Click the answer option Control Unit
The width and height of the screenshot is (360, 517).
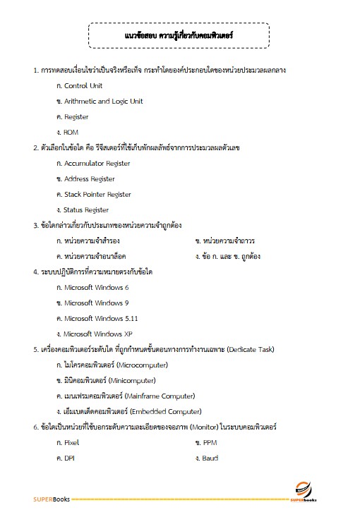tap(83, 85)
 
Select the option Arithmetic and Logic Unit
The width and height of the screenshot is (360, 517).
tap(103, 101)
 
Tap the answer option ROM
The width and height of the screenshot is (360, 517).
tap(71, 132)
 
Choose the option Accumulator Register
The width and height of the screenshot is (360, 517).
tap(97, 163)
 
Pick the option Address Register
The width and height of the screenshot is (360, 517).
tap(89, 178)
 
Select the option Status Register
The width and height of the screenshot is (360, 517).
tap(86, 209)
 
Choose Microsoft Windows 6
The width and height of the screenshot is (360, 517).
tap(96, 287)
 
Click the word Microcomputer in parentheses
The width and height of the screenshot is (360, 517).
tap(139, 365)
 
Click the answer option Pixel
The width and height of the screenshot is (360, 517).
tap(71, 442)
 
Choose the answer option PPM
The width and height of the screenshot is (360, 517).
tap(210, 442)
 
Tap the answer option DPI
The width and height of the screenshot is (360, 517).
tap(69, 458)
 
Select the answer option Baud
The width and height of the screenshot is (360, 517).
tap(210, 458)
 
